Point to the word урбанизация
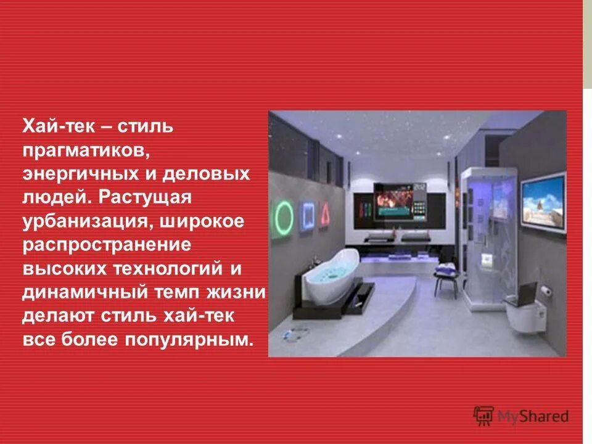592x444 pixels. tap(84, 221)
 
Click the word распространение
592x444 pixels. tap(108, 245)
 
